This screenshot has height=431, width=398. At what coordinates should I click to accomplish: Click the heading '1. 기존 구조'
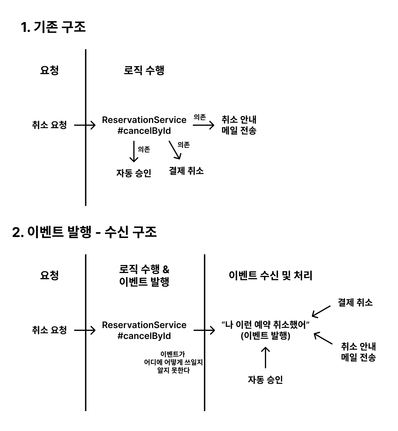[x=53, y=27]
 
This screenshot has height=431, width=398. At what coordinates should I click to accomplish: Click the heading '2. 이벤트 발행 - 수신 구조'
[x=84, y=232]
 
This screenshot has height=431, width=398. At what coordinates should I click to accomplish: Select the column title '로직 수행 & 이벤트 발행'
[x=144, y=275]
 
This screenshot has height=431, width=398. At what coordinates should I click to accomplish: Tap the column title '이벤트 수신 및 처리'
[x=270, y=275]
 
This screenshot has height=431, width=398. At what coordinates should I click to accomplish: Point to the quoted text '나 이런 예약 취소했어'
[x=265, y=325]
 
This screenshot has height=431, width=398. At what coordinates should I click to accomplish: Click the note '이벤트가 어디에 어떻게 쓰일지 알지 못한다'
[x=173, y=362]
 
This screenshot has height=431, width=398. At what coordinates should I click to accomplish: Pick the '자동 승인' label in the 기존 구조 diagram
[x=134, y=173]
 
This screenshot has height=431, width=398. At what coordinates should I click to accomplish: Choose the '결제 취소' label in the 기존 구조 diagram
[x=186, y=171]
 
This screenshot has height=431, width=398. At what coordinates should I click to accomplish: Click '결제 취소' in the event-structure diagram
[x=355, y=303]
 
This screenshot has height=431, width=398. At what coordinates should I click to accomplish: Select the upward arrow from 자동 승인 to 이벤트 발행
[x=266, y=358]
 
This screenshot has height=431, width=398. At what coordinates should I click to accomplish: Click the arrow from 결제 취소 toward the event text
[x=321, y=311]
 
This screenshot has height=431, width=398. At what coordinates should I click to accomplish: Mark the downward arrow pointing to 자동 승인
[x=133, y=152]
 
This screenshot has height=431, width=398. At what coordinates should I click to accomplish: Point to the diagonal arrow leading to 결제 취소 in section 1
[x=175, y=150]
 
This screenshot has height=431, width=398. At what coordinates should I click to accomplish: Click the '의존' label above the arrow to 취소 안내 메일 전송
[x=200, y=117]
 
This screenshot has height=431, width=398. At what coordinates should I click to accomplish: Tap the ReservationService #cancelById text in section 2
[x=144, y=330]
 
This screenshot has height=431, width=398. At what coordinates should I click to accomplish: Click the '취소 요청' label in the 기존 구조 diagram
[x=49, y=125]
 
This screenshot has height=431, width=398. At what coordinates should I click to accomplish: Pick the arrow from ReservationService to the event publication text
[x=204, y=331]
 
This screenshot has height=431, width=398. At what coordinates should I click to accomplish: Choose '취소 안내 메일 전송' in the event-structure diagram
[x=358, y=352]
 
